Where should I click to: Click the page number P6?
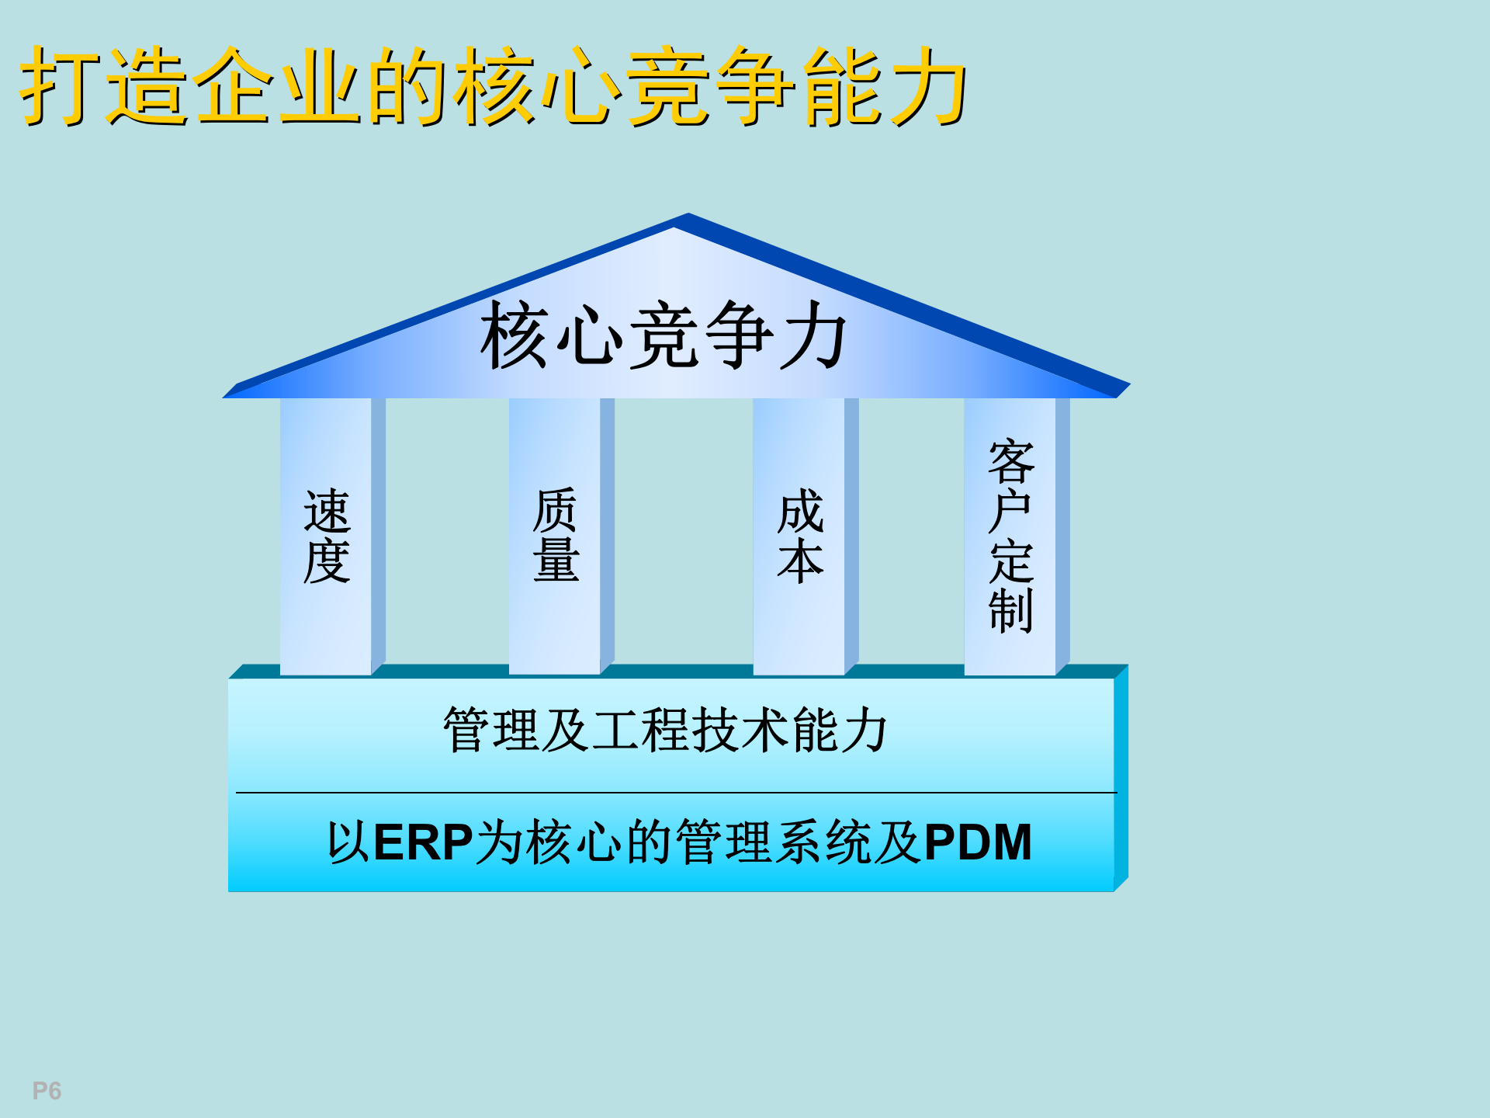(47, 1091)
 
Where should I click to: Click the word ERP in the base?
(423, 842)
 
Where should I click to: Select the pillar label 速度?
(327, 536)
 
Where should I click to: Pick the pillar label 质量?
(556, 536)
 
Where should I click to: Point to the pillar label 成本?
(800, 536)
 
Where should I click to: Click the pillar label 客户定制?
(1010, 536)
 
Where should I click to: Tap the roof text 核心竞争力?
(664, 336)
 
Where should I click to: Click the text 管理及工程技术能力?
(665, 730)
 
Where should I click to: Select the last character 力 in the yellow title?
(928, 85)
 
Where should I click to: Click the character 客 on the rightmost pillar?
(1010, 461)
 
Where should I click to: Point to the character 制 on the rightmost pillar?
(1010, 610)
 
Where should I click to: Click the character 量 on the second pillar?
(556, 561)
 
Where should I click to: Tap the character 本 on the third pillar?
(800, 561)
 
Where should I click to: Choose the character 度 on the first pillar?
(327, 561)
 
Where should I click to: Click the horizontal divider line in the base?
(675, 793)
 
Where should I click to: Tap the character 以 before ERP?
(348, 842)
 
